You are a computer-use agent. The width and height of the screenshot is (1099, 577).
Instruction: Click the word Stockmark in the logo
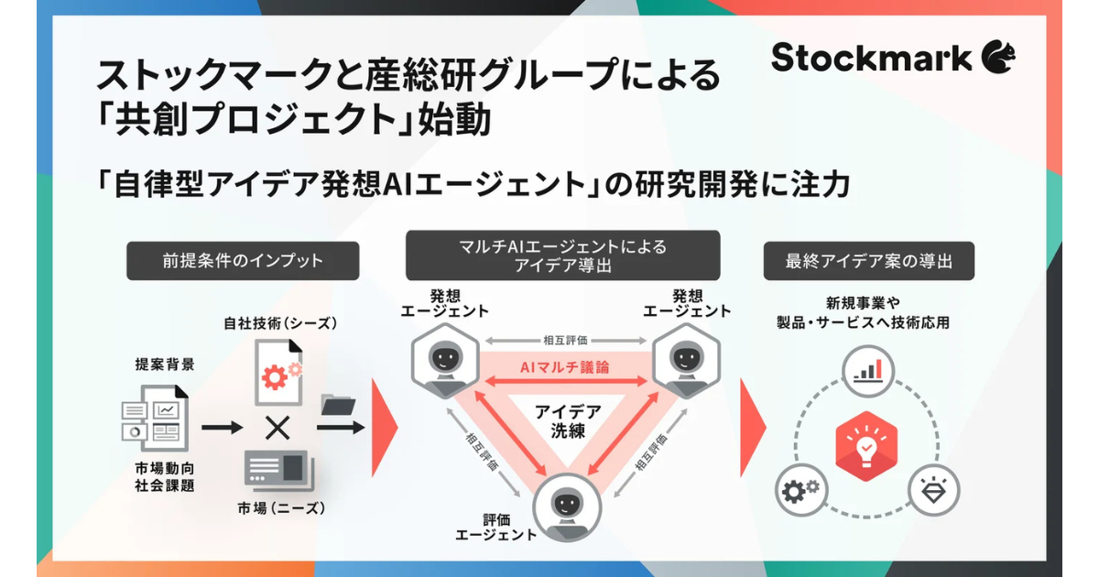point(870,58)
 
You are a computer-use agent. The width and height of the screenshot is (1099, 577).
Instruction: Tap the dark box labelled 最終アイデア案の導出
point(868,261)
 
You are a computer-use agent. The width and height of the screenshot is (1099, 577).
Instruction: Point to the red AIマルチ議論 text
point(563,366)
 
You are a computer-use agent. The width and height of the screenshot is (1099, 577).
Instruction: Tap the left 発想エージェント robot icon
point(444,355)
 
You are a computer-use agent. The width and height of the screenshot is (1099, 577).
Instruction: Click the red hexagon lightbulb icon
point(865,447)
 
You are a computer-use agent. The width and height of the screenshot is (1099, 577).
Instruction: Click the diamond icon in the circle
point(934,492)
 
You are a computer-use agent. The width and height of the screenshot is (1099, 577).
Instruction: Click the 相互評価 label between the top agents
point(563,340)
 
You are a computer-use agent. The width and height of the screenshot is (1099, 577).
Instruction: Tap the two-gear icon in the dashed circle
point(800,492)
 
